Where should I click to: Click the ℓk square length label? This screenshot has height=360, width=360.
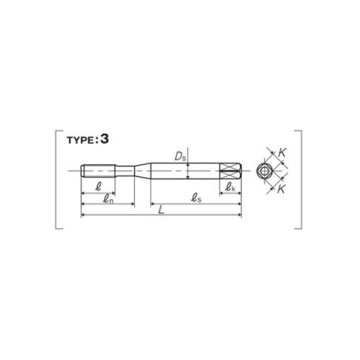[x=231, y=188]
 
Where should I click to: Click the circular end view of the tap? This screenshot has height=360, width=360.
[x=264, y=171]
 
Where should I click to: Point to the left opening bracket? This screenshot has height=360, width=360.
[x=57, y=179]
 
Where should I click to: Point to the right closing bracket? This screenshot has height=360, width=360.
[x=300, y=179]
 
